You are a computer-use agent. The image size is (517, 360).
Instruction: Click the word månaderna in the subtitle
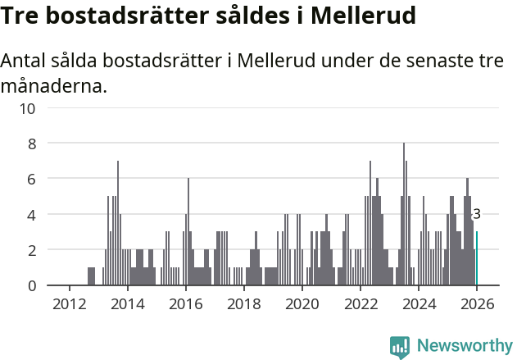tap(54, 85)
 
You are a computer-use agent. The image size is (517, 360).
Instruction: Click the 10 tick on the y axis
tap(29, 108)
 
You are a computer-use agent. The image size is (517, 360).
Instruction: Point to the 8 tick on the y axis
tap(32, 144)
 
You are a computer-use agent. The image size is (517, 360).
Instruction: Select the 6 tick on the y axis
tap(32, 179)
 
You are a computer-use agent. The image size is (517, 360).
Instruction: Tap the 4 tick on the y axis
tap(32, 215)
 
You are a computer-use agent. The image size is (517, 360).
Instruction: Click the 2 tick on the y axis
tap(32, 250)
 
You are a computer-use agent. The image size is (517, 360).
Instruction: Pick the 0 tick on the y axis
tap(32, 285)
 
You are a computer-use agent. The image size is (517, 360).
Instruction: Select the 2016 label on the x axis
tap(185, 303)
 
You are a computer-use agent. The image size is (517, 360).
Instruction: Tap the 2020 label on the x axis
tap(302, 303)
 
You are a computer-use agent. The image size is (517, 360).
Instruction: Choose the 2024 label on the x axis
tap(419, 303)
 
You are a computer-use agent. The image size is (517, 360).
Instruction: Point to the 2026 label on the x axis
tap(477, 303)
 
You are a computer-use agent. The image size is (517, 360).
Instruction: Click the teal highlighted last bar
tap(477, 258)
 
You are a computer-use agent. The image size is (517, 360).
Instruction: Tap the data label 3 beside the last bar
tap(477, 215)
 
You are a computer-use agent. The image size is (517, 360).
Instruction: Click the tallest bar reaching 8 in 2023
tap(404, 215)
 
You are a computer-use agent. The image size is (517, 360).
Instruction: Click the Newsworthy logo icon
tap(400, 347)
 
